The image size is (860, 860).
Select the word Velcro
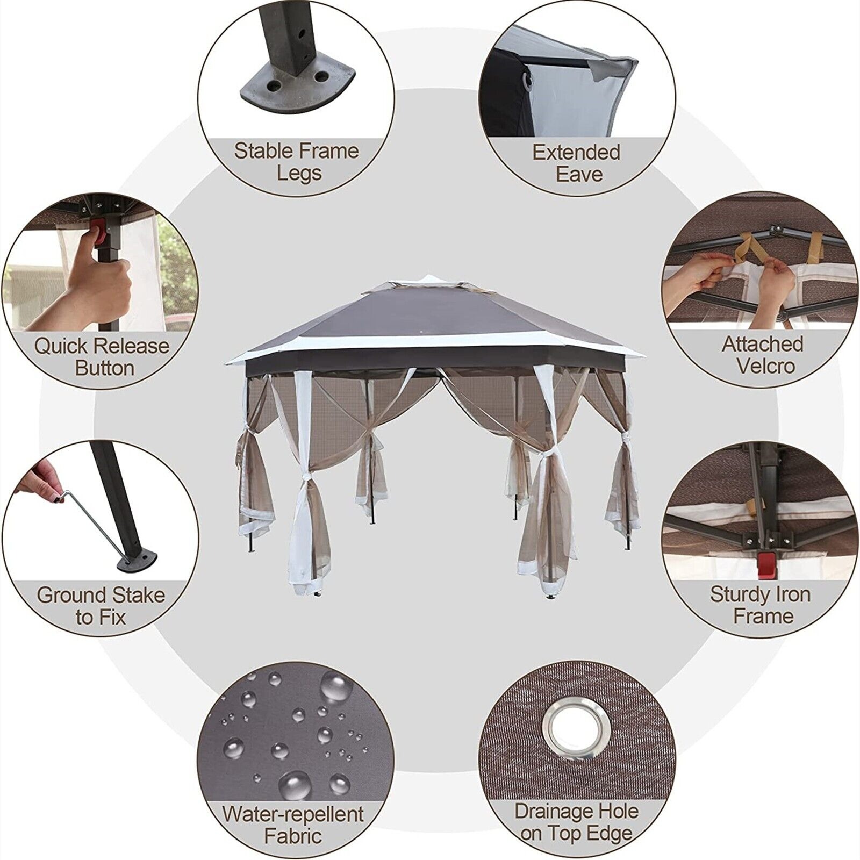[x=765, y=367]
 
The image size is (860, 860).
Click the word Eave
[x=578, y=175]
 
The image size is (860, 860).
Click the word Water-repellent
[x=293, y=814]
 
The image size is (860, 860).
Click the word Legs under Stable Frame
[x=299, y=174]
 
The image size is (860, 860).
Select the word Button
[x=104, y=368]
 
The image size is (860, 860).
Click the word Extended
[x=576, y=152]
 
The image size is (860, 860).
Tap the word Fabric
[x=293, y=836]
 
